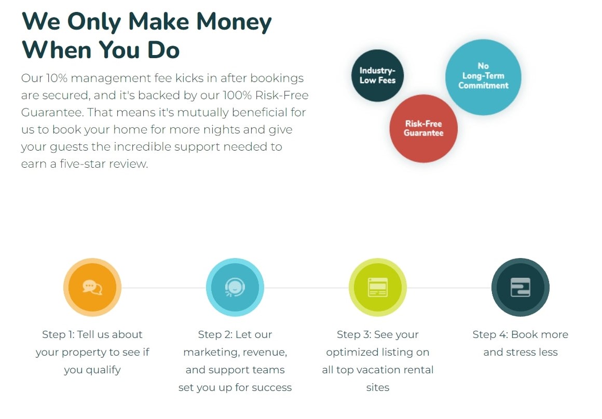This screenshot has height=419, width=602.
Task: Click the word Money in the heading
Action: [234, 22]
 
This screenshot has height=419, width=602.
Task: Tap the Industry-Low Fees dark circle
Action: [377, 76]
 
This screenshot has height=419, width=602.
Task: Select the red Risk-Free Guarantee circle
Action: [423, 128]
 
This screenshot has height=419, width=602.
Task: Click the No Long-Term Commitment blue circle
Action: [483, 77]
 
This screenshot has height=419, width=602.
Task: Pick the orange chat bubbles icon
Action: [92, 287]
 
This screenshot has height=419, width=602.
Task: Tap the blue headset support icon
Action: [235, 287]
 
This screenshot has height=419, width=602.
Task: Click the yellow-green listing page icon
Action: [378, 287]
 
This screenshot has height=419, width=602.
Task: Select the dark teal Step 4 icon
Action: [520, 287]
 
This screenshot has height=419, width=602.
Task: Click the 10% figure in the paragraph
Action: [57, 78]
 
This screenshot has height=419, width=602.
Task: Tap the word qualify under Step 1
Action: [103, 370]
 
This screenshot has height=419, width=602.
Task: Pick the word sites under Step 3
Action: [378, 387]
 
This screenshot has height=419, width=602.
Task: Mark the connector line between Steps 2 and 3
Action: [306, 288]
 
